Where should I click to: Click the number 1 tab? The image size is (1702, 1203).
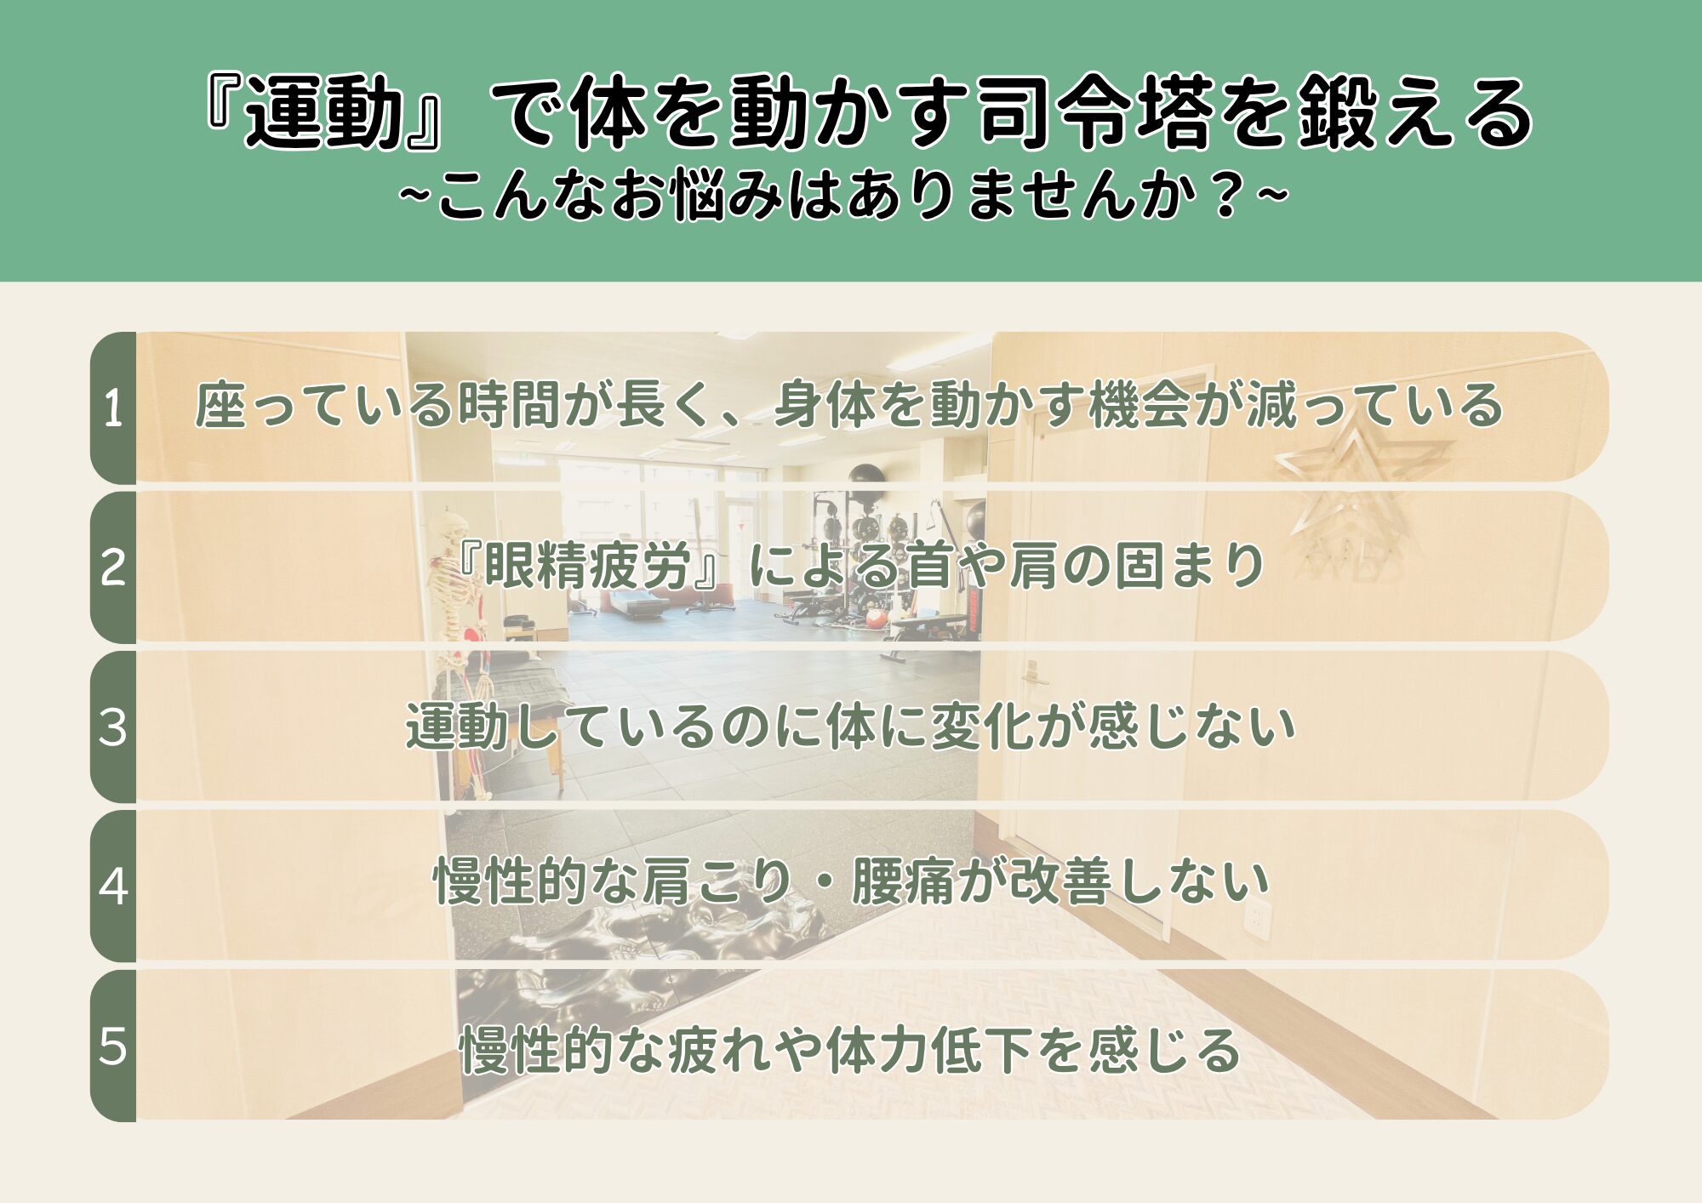coord(113,408)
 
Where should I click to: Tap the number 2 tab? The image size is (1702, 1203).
coord(113,567)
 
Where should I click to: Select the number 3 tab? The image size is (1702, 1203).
coord(113,727)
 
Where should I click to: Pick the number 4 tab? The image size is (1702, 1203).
coord(113,886)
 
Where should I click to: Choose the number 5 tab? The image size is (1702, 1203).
coord(113,1046)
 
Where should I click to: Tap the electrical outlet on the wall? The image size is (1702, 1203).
coord(1257,919)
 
